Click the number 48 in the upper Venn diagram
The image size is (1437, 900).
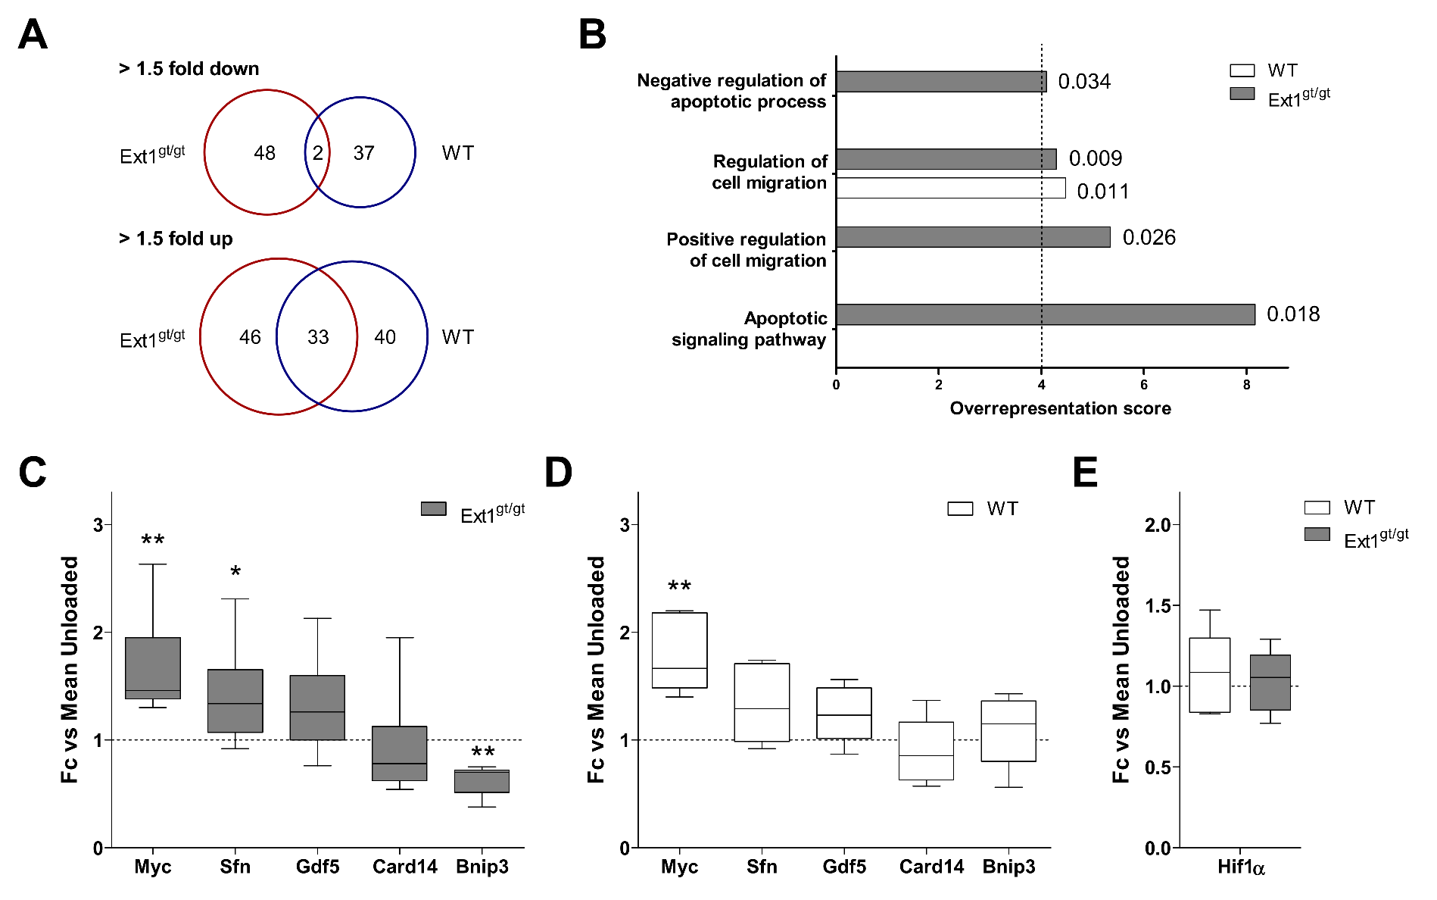(264, 153)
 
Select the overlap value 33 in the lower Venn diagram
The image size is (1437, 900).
(318, 337)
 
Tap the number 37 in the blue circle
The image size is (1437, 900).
(364, 153)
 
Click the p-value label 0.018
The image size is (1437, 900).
(1293, 314)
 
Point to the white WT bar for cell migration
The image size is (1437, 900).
(950, 188)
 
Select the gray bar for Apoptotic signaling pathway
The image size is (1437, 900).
(1045, 314)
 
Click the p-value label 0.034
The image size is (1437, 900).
(1084, 81)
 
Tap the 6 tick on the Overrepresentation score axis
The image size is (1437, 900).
(1144, 385)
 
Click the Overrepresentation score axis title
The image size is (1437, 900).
(1060, 408)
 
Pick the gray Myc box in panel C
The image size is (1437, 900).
(153, 667)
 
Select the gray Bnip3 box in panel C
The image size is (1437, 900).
(482, 781)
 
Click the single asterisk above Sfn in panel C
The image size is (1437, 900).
(235, 573)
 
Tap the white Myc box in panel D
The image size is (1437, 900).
(679, 650)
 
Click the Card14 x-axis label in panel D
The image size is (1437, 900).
(931, 867)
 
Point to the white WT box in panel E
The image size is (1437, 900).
(1209, 675)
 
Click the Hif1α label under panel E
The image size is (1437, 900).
(1241, 867)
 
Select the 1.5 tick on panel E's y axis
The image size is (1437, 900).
(1157, 605)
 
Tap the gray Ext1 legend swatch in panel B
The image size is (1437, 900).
(1242, 94)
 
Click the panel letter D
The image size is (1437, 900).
(559, 473)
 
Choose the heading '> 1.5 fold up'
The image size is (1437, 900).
(176, 239)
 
